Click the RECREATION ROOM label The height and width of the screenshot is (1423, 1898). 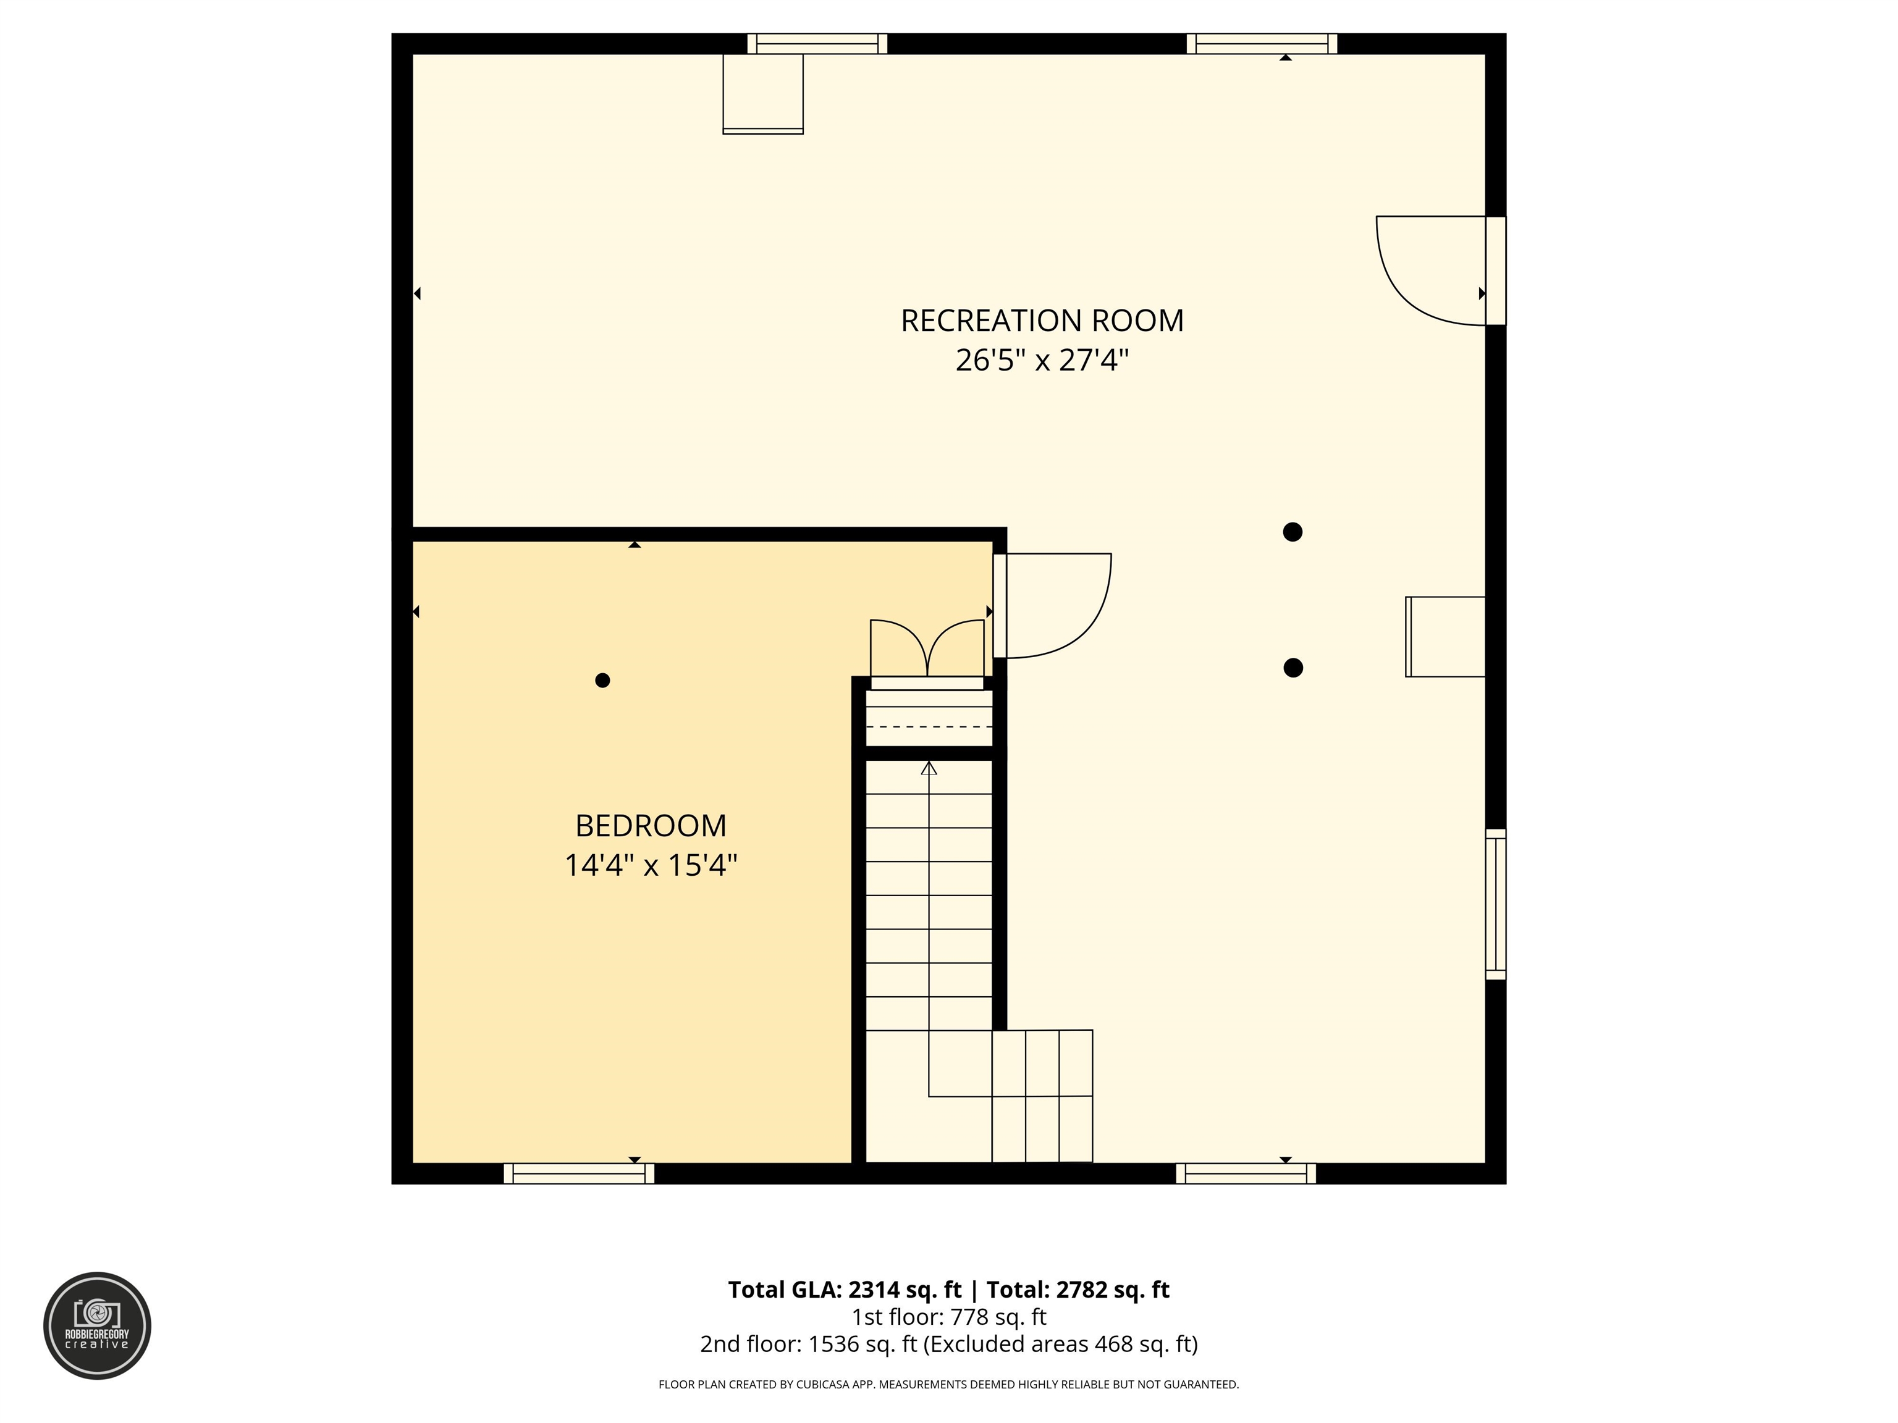[x=1042, y=321]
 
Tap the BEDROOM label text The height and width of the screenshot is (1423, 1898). [x=651, y=826]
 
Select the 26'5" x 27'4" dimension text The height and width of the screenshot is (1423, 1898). [x=1042, y=359]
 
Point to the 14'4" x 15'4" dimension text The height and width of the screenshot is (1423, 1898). [x=651, y=865]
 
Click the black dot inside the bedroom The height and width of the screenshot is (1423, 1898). [x=602, y=680]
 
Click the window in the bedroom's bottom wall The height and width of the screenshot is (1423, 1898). [x=579, y=1173]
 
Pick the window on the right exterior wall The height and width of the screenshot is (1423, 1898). [x=1496, y=904]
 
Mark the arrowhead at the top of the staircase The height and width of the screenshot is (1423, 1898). [x=929, y=768]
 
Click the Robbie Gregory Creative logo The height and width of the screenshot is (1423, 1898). [x=97, y=1326]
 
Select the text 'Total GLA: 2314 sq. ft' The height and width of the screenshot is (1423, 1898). [x=845, y=1290]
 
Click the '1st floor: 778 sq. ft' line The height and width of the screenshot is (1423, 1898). [x=949, y=1317]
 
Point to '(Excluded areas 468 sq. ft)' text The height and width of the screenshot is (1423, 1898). [x=1061, y=1344]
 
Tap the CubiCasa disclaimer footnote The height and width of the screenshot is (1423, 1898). [x=949, y=1385]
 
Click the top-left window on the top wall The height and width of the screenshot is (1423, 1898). [x=817, y=44]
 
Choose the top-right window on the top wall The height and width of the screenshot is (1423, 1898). [x=1262, y=44]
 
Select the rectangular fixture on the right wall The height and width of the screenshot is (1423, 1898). [x=1445, y=636]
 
